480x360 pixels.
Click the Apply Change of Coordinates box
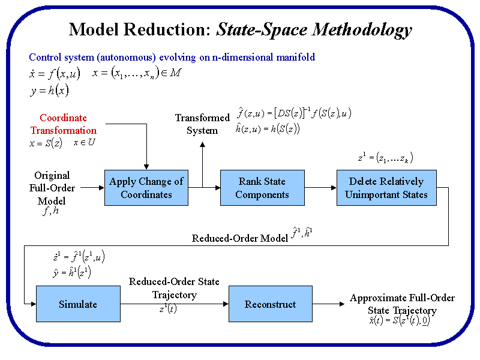pos(146,188)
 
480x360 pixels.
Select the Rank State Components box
pos(262,188)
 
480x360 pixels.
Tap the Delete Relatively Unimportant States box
pos(386,188)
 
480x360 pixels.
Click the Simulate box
pos(78,304)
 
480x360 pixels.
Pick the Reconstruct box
pos(271,304)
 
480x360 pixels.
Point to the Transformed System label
pos(202,124)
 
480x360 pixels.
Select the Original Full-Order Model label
pos(52,188)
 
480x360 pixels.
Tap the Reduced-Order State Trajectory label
pos(174,288)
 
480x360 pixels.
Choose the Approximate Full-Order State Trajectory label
pos(402,304)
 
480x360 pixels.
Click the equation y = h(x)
pos(49,91)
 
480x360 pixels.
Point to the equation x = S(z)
pos(46,143)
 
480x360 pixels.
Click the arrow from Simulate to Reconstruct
pos(174,304)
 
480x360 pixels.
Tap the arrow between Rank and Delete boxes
pos(320,188)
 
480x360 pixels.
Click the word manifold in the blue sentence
pos(294,58)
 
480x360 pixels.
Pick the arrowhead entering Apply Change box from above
pos(146,166)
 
